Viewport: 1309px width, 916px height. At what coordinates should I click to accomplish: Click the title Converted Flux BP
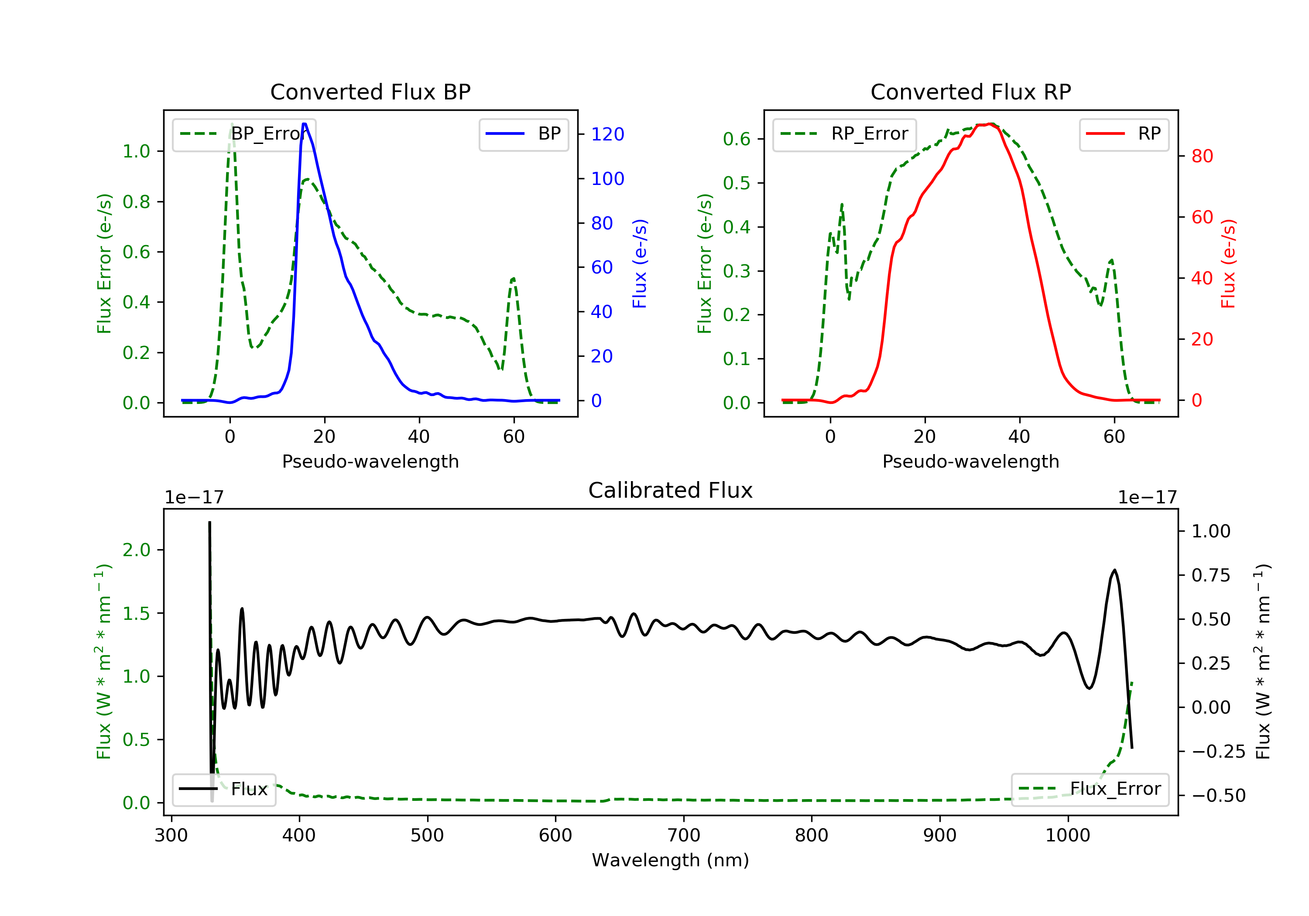click(x=370, y=92)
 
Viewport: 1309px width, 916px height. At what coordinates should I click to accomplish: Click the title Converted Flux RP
click(x=970, y=92)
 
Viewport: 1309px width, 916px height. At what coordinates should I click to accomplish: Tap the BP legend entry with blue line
click(x=523, y=134)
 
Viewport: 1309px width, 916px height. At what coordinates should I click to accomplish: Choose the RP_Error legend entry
click(x=844, y=134)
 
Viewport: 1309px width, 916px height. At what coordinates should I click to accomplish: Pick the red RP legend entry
click(x=1124, y=134)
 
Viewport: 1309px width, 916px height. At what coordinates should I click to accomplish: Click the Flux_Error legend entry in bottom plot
click(x=1090, y=789)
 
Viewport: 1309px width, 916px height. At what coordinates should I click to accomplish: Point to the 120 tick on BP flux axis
click(x=607, y=134)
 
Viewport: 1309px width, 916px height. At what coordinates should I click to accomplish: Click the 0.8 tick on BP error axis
click(x=136, y=202)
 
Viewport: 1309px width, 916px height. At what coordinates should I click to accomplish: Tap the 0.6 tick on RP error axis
click(x=737, y=139)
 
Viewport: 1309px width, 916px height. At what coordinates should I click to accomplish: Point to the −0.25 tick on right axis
click(x=1218, y=752)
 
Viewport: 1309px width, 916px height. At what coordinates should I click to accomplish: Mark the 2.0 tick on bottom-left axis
click(x=136, y=550)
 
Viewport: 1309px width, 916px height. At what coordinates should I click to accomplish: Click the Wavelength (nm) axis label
click(x=671, y=860)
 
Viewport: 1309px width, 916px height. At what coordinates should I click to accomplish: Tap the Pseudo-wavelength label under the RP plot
click(x=970, y=461)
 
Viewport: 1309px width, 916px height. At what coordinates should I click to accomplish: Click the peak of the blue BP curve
click(x=305, y=124)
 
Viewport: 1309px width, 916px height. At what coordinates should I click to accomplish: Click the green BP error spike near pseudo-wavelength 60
click(x=514, y=279)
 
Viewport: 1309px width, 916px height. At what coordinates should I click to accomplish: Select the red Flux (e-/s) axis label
click(x=1228, y=263)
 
